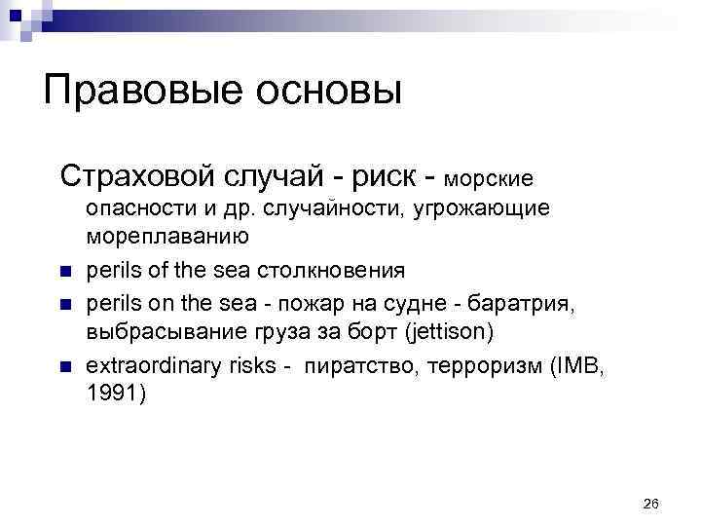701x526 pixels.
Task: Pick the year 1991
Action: point(112,394)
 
